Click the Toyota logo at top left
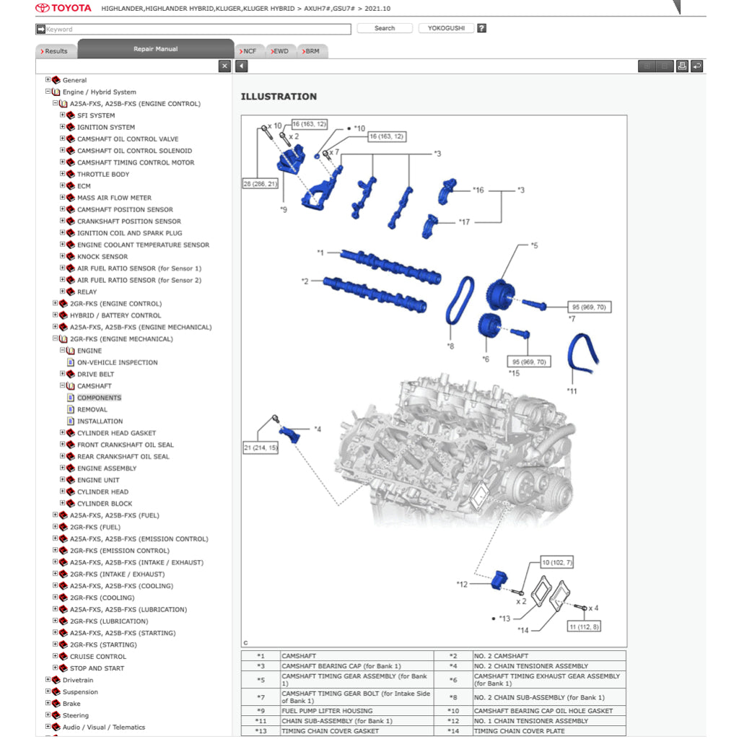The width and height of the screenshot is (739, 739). pos(64,9)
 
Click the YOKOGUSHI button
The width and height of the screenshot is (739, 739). pos(445,28)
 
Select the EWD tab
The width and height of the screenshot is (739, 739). pos(279,51)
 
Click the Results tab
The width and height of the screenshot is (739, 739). pos(56,51)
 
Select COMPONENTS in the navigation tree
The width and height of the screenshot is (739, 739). pos(99,398)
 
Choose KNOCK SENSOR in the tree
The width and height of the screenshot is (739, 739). pos(102,256)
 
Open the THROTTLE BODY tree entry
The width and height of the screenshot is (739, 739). pos(103,174)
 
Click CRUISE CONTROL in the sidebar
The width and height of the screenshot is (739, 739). pos(97,657)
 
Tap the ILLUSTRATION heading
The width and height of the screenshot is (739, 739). pos(279,97)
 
